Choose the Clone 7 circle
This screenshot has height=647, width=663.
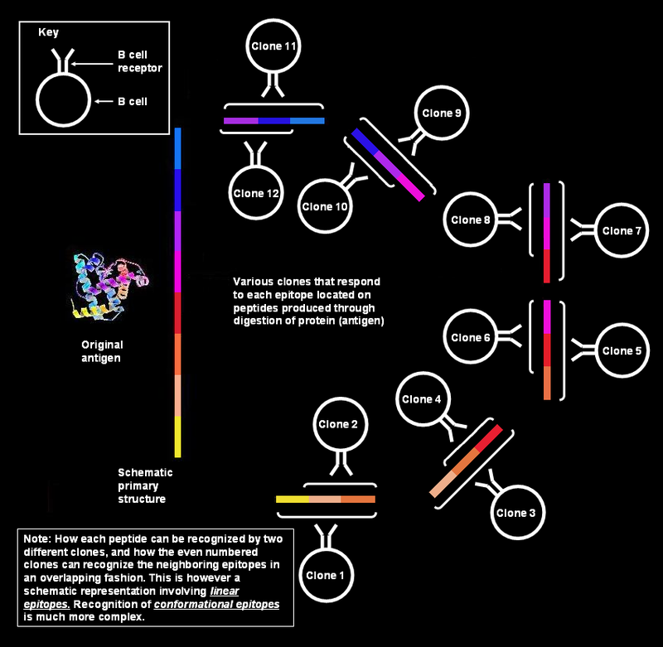click(x=621, y=231)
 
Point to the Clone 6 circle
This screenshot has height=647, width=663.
click(x=471, y=337)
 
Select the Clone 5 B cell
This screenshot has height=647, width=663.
click(x=621, y=351)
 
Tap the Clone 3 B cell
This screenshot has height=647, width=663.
click(x=516, y=513)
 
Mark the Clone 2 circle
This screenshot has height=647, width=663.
click(x=338, y=425)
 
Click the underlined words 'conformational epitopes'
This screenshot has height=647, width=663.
click(x=234, y=605)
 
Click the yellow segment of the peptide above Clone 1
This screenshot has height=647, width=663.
click(x=292, y=500)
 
